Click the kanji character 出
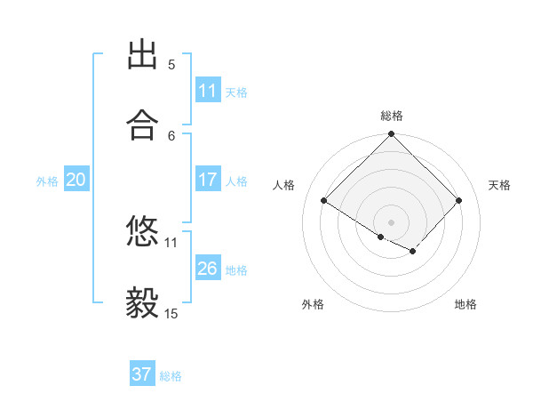click(143, 55)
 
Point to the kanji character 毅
click(143, 304)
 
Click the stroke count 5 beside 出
click(171, 64)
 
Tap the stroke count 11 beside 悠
click(171, 241)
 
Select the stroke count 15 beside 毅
click(171, 313)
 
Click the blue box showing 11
click(208, 91)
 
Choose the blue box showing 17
click(208, 180)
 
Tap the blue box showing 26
click(208, 268)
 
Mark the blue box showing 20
click(76, 180)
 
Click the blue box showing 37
click(142, 374)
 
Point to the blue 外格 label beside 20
click(47, 181)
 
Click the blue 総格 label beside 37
click(171, 376)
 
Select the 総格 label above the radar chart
click(392, 116)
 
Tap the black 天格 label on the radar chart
click(500, 185)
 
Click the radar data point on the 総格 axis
click(392, 135)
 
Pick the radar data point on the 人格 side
click(324, 201)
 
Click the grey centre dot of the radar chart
click(392, 221)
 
